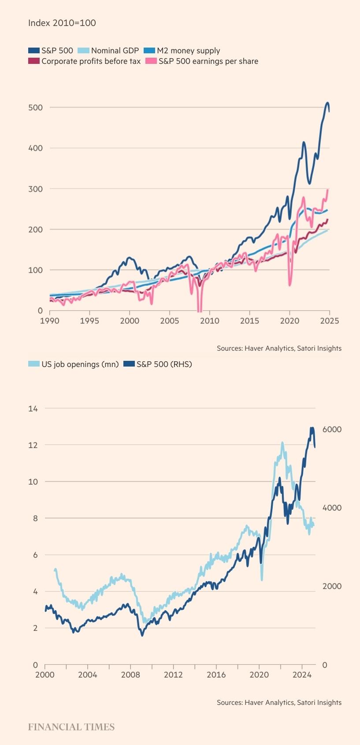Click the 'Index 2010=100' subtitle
pos(62,23)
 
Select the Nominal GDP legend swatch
pos(83,51)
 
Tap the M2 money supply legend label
pos(188,51)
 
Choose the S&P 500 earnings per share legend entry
pos(208,61)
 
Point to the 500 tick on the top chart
pos(35,107)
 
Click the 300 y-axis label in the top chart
pos(35,189)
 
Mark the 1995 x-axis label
pos(89,321)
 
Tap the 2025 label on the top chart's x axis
pos(329,321)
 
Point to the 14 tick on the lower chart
pos(33,408)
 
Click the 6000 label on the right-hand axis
pos(331,430)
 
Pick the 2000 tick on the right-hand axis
pos(331,586)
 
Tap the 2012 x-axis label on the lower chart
pos(173,675)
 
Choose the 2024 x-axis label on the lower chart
pos(302,675)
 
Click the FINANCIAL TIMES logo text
pos(71,727)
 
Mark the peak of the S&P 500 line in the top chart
pos(327,103)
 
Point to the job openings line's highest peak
pos(282,443)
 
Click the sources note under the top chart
pos(279,348)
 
